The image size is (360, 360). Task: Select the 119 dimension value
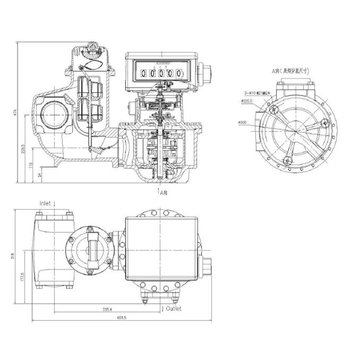pyautogui.click(x=32, y=167)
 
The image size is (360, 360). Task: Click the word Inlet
pyautogui.click(x=45, y=204)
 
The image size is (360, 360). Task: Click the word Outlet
pyautogui.click(x=173, y=309)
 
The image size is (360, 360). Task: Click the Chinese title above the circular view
pyautogui.click(x=290, y=71)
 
